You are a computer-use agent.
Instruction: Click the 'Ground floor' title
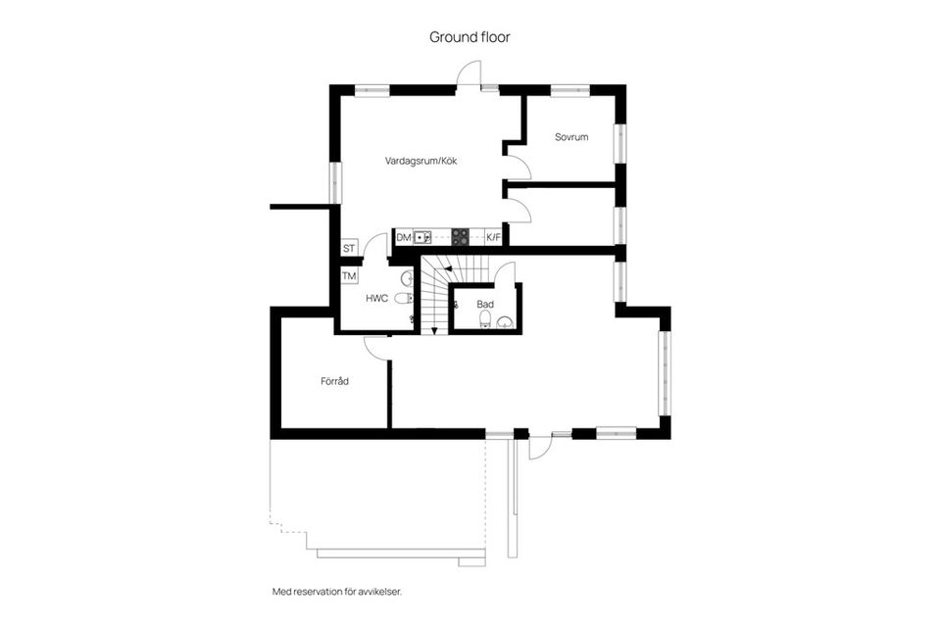(x=470, y=37)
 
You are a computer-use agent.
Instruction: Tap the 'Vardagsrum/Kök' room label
(x=421, y=160)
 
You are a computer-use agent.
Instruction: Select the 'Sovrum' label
(x=571, y=137)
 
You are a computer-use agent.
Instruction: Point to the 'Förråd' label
(x=334, y=381)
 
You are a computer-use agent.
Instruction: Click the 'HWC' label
(x=377, y=298)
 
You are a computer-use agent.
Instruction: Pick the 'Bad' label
(x=484, y=305)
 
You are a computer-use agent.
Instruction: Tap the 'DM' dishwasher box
(x=404, y=237)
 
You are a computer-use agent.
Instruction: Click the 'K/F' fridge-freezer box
(x=493, y=237)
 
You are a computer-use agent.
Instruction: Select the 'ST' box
(x=349, y=248)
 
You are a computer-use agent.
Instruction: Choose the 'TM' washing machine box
(x=349, y=276)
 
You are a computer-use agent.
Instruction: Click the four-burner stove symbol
(x=460, y=236)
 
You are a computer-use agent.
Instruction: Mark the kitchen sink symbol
(x=422, y=236)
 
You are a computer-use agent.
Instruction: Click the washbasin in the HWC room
(x=410, y=278)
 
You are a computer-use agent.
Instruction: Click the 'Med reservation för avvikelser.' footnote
(x=337, y=592)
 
